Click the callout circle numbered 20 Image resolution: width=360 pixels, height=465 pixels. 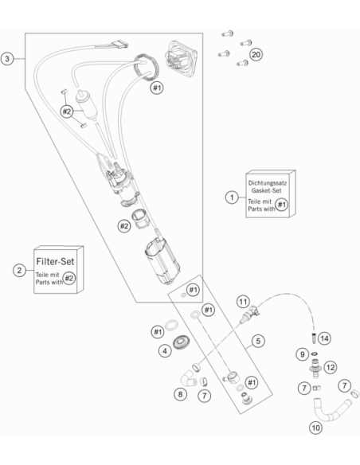click(256, 55)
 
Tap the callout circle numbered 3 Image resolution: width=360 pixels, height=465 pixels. click(7, 59)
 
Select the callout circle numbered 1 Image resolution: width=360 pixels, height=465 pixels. click(232, 197)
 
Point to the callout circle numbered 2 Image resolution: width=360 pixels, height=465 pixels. click(19, 271)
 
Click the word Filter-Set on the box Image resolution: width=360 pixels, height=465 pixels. click(55, 261)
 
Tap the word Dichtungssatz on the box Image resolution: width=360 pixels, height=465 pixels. click(268, 183)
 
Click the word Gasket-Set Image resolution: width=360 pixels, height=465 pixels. click(266, 190)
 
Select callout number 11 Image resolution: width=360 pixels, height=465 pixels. click(243, 303)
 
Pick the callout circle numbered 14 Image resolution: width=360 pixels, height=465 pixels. click(324, 338)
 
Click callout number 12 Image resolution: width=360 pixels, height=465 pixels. click(330, 368)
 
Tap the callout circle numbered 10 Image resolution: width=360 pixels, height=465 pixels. click(315, 428)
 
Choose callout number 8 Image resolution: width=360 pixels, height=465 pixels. click(180, 394)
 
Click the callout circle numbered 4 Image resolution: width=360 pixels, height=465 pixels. click(165, 351)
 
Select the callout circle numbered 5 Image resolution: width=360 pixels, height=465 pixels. click(258, 341)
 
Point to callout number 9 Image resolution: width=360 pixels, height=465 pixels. click(302, 354)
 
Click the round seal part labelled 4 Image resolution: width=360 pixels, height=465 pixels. click(181, 342)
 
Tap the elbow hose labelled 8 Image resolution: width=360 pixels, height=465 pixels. click(188, 378)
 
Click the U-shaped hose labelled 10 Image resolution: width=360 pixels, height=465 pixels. click(332, 410)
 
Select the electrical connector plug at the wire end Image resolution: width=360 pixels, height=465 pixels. click(120, 45)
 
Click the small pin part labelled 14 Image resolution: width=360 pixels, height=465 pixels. click(314, 338)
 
